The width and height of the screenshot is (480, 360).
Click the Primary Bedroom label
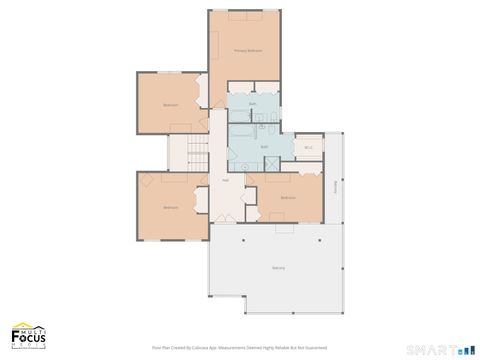(247, 49)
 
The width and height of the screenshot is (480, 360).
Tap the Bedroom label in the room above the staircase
(170, 105)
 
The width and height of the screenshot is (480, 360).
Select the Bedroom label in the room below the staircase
(170, 207)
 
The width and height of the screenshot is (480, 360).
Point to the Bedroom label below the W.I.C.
(288, 198)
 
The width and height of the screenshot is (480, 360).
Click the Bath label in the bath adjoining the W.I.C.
(265, 147)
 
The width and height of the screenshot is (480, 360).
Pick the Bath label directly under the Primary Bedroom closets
(253, 104)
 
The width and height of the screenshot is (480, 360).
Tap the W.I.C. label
(309, 147)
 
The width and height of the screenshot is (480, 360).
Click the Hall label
(225, 180)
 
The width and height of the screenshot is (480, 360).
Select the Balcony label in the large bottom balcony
(278, 268)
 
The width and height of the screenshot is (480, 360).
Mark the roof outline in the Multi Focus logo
(22, 325)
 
